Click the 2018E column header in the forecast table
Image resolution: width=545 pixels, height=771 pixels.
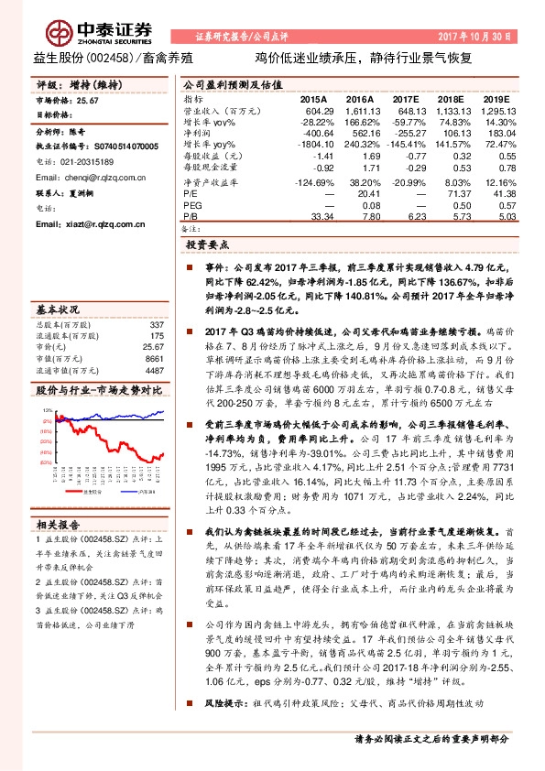(x=453, y=98)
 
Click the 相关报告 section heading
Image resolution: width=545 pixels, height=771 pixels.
(x=60, y=524)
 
